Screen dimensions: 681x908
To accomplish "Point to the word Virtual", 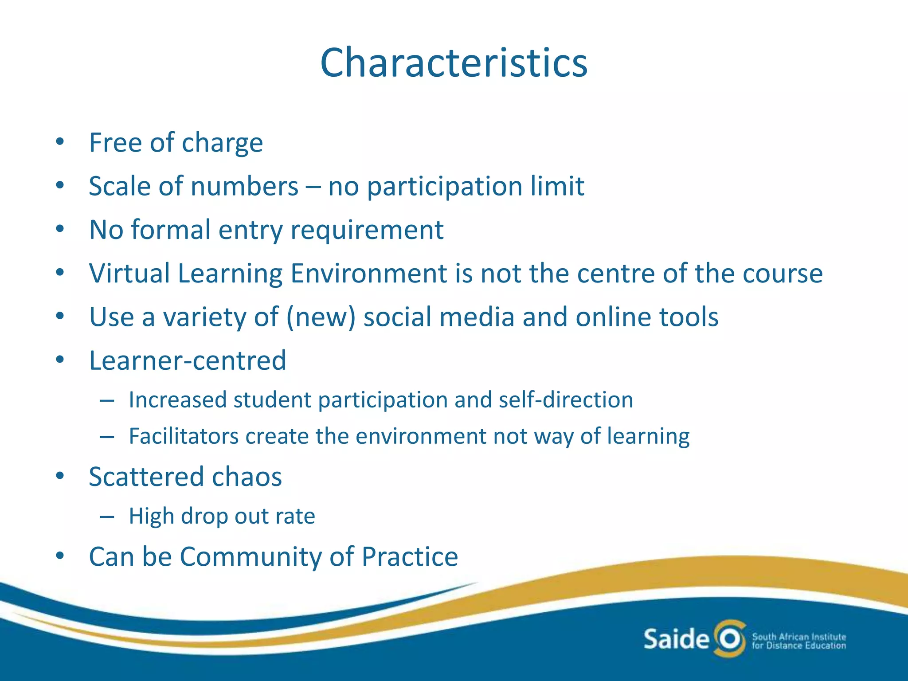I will point(129,273).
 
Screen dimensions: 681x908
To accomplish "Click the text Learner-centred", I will point(188,360).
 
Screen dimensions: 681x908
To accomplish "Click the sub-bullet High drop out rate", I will point(222,516).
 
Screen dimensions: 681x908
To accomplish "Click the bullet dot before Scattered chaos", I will point(60,477).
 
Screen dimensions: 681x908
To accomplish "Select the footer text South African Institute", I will point(799,637).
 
